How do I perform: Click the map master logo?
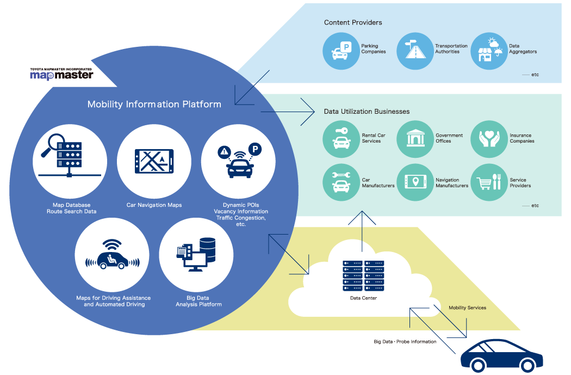point(61,73)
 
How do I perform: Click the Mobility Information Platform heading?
point(154,104)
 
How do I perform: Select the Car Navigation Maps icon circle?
point(154,161)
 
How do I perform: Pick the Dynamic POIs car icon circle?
point(238,161)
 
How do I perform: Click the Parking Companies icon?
point(341,51)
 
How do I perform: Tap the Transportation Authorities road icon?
point(415,51)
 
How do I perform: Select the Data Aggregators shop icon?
point(488,51)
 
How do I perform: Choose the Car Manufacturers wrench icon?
point(341,183)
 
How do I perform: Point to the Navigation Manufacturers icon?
point(415,183)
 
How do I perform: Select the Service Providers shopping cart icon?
point(488,183)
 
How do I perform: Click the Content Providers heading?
point(353,22)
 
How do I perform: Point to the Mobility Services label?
point(467,308)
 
